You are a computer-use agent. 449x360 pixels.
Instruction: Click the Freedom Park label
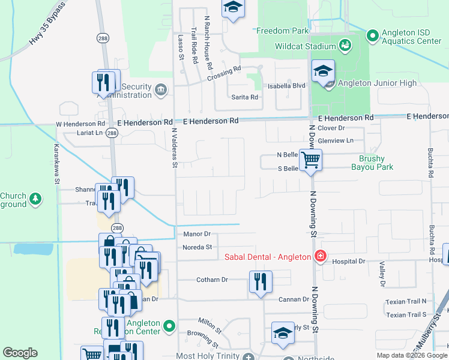pyautogui.click(x=283, y=31)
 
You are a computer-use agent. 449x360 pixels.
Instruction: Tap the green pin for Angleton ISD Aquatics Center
pyautogui.click(x=372, y=36)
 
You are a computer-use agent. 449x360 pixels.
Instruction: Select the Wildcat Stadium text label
pyautogui.click(x=305, y=46)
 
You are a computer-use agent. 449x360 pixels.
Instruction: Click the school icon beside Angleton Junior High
pyautogui.click(x=323, y=73)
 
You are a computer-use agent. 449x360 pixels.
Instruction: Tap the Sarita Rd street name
pyautogui.click(x=244, y=97)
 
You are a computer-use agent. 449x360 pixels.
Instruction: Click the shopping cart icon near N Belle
pyautogui.click(x=311, y=161)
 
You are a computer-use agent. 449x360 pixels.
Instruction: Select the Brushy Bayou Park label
pyautogui.click(x=376, y=163)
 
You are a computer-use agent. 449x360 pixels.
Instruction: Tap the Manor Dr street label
pyautogui.click(x=197, y=233)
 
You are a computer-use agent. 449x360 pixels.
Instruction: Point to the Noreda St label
pyautogui.click(x=197, y=247)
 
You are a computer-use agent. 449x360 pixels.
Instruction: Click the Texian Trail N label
pyautogui.click(x=406, y=301)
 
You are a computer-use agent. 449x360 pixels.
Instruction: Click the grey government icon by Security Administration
pyautogui.click(x=160, y=91)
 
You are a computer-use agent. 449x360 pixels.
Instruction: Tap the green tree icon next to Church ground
pyautogui.click(x=35, y=199)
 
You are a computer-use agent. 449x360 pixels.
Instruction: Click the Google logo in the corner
pyautogui.click(x=20, y=353)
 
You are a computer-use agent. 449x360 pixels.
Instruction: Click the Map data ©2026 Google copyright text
pyautogui.click(x=412, y=355)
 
